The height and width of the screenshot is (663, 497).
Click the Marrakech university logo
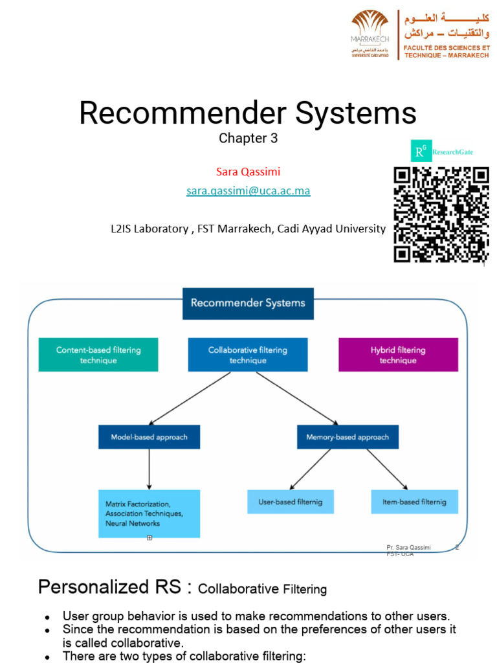click(370, 34)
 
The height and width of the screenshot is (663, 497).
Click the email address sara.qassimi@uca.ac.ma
click(248, 191)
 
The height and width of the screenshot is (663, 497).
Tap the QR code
click(441, 214)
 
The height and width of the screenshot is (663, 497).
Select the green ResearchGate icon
click(421, 152)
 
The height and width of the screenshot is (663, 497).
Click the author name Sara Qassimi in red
click(248, 172)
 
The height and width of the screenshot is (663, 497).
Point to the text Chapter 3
click(243, 138)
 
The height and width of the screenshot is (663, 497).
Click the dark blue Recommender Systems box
click(248, 302)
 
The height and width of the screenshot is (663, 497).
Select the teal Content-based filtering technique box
click(98, 355)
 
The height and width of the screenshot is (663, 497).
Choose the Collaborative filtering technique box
click(248, 355)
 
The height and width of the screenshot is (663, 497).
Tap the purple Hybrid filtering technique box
click(398, 355)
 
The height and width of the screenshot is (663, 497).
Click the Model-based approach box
click(149, 437)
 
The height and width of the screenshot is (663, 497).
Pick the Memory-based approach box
click(348, 437)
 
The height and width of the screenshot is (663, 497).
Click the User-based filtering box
click(291, 502)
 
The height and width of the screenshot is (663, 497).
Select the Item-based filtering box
click(414, 502)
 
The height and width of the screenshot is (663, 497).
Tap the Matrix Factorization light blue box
click(149, 513)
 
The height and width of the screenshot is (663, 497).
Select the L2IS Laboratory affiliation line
click(248, 229)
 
